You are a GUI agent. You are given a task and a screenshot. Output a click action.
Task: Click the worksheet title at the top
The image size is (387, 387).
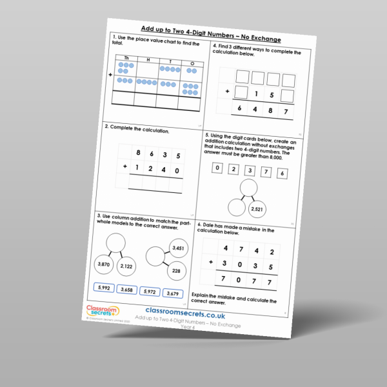[x=210, y=32]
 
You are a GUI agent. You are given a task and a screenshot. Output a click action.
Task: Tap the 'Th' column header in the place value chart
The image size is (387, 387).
[x=126, y=58]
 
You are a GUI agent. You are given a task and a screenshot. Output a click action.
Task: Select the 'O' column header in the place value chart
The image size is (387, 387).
[x=192, y=63]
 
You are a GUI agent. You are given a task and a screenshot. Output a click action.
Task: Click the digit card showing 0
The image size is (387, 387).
[x=217, y=169]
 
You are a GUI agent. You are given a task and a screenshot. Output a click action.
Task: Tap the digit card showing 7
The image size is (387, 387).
[x=266, y=172]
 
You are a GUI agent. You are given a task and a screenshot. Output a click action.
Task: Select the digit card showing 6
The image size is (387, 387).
[x=282, y=174]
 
